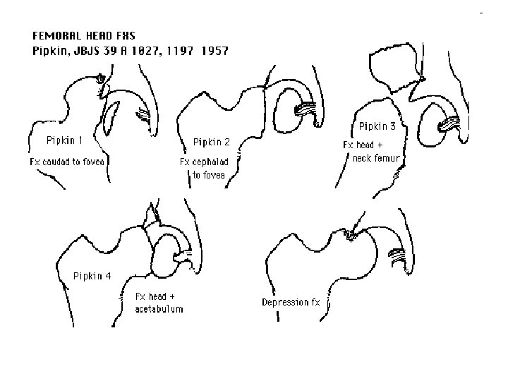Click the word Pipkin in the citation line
pos(52,50)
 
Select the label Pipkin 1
pos(66,139)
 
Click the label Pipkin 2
pos(212,142)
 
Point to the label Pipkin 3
pos(377,126)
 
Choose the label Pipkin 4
pos(92,276)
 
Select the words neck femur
pos(377,158)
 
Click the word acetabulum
pos(159,309)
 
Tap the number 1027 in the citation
pos(145,50)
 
